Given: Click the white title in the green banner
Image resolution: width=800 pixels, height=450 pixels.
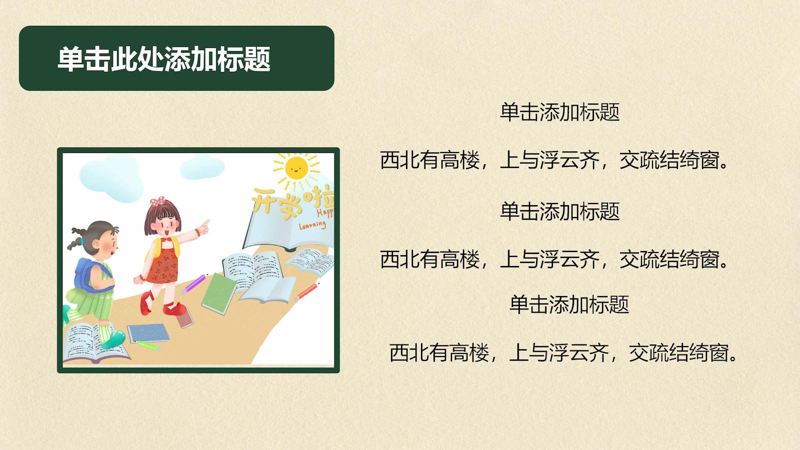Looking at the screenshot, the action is tap(164, 59).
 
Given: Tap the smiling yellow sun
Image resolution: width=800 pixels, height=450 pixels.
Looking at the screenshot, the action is tap(296, 167).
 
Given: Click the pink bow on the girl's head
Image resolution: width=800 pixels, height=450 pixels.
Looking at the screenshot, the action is tap(157, 201).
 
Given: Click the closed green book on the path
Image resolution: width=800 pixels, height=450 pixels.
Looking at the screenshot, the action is tap(219, 293).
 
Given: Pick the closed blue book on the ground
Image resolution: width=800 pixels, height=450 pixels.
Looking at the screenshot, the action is tap(148, 332).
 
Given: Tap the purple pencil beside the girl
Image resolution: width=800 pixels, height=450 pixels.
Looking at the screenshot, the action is tap(194, 284).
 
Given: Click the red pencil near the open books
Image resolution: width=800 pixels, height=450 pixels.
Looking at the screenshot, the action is tap(306, 291).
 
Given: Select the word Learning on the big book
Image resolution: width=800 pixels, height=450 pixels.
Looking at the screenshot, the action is tap(312, 225).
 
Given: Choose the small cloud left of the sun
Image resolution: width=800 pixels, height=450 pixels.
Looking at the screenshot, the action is tap(202, 167).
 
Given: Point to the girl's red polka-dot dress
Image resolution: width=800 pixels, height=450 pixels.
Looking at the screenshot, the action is tap(162, 264).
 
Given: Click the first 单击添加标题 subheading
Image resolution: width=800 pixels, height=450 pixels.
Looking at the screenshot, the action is tap(559, 112).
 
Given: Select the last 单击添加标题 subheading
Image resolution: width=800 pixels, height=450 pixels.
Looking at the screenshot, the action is tap(569, 304).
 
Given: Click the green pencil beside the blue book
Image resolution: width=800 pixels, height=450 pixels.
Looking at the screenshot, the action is tap(148, 345).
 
